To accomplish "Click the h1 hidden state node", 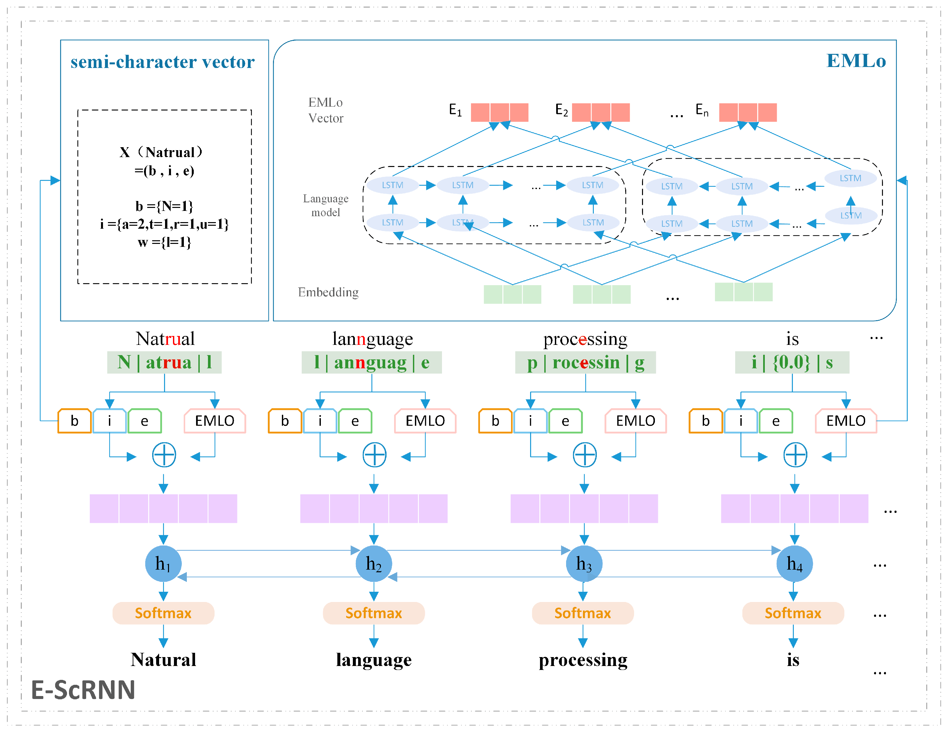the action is [163, 563].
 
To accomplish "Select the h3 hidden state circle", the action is [584, 563].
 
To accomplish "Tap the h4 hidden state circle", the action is [794, 563].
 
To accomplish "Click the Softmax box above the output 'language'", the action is [374, 613].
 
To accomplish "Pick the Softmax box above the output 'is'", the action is [793, 613].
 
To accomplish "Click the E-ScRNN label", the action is [83, 689].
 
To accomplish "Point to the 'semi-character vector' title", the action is [162, 62].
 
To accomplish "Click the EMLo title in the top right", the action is [856, 61].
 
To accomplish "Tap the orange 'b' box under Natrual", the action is [75, 420].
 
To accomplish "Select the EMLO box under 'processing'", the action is [635, 420].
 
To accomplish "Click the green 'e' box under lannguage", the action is [355, 420].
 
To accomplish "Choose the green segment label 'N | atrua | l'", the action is [164, 362].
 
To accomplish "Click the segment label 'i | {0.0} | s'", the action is [792, 362].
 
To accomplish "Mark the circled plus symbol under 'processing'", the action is [585, 455].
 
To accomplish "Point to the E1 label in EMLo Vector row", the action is [455, 110].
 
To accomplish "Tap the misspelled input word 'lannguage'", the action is [372, 339].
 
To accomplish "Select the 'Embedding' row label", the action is [328, 292].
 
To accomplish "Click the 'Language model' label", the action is [325, 205].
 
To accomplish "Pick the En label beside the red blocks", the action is [702, 110].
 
